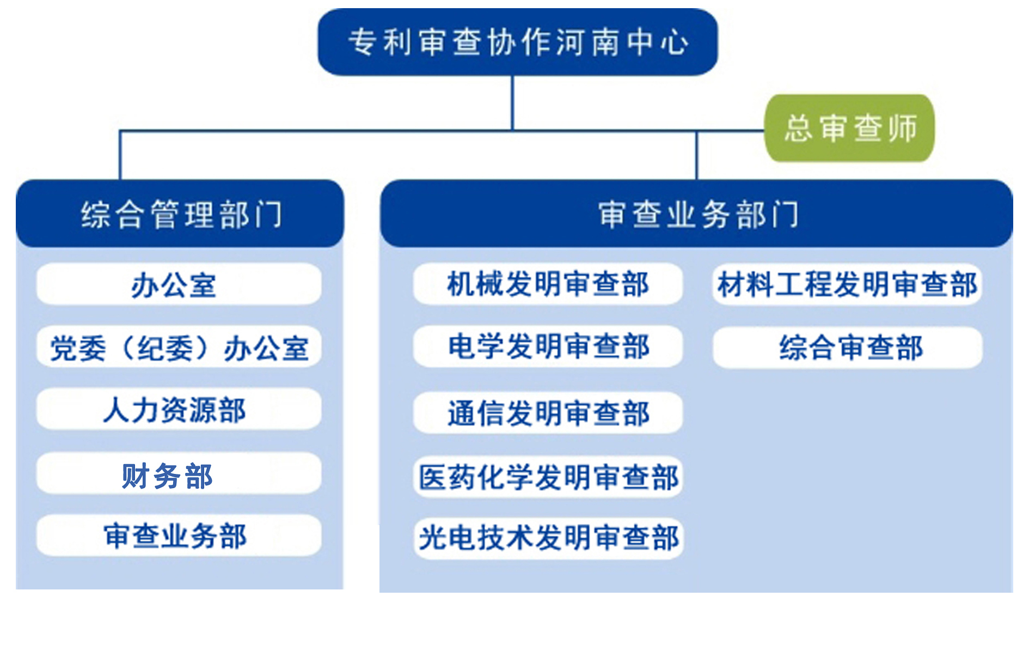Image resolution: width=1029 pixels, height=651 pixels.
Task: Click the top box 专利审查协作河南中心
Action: (517, 42)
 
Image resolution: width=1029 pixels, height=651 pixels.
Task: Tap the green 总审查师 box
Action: (849, 128)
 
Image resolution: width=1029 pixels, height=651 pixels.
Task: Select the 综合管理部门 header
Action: (180, 214)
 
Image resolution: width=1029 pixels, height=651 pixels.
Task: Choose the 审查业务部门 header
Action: (696, 214)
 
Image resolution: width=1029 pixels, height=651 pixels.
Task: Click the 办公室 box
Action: (179, 284)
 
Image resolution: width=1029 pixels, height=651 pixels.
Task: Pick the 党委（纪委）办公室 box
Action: (179, 347)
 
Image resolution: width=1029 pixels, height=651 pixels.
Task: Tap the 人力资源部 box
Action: (179, 409)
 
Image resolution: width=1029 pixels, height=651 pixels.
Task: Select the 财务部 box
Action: (179, 473)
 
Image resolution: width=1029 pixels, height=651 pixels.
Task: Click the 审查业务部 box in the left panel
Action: (179, 536)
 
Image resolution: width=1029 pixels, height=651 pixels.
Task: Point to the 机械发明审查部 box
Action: (548, 284)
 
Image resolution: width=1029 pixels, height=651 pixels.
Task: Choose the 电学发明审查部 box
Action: (548, 346)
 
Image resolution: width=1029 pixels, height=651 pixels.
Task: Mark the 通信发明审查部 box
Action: (548, 413)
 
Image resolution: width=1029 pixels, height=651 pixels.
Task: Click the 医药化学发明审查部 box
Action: (548, 477)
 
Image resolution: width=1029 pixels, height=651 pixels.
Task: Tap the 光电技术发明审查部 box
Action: (548, 538)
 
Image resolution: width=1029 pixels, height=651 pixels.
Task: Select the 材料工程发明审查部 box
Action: (847, 284)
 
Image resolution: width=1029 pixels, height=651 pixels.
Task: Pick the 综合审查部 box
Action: (847, 348)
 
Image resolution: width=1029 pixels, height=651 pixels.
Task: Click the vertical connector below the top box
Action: (512, 103)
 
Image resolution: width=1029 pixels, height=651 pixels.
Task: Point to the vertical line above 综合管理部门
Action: (120, 155)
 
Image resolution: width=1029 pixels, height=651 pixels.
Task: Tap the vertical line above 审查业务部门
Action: (696, 155)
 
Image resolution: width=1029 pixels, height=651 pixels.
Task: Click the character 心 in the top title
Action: (676, 42)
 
